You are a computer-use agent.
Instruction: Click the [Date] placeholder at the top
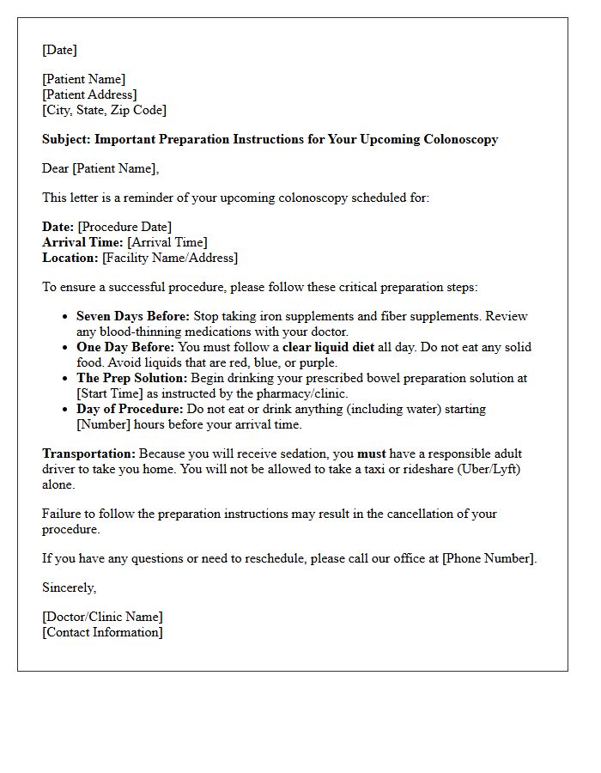(59, 50)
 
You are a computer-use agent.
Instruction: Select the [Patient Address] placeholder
(89, 94)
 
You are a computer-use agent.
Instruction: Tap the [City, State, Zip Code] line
(104, 110)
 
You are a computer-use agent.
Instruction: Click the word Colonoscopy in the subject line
(461, 139)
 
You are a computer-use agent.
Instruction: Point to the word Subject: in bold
(66, 139)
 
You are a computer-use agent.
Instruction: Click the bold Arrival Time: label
(82, 242)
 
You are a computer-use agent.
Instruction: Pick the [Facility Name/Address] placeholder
(170, 258)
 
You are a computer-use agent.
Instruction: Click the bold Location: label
(70, 258)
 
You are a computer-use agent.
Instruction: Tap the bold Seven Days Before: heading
(133, 316)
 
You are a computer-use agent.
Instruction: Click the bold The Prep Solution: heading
(131, 378)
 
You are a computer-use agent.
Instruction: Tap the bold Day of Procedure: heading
(130, 409)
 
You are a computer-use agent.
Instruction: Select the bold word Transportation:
(88, 453)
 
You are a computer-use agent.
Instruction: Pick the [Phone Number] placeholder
(489, 558)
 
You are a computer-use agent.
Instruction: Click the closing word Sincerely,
(70, 587)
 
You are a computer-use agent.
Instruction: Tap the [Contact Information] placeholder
(102, 632)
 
